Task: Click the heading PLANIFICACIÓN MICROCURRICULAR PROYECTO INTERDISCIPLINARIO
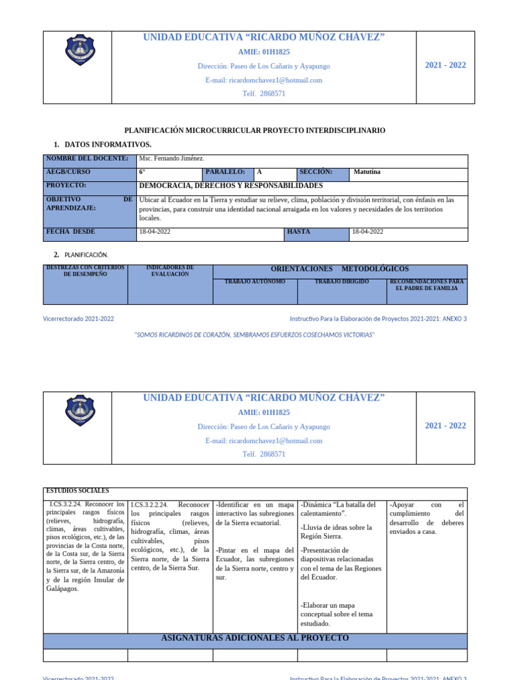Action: [255, 131]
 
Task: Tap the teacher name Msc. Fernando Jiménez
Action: [171, 159]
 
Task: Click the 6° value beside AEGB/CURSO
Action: [142, 172]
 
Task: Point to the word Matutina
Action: [367, 172]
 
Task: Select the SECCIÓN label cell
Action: [315, 172]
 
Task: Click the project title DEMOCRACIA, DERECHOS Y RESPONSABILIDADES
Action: [230, 186]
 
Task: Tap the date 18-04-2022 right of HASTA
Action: [367, 232]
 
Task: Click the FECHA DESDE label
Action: [70, 232]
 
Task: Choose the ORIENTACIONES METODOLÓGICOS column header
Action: [339, 269]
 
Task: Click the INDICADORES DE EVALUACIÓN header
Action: [169, 271]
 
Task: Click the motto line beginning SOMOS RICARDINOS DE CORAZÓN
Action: [255, 335]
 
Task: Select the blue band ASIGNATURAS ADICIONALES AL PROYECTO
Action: [255, 638]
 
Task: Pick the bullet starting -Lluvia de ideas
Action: [336, 531]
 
